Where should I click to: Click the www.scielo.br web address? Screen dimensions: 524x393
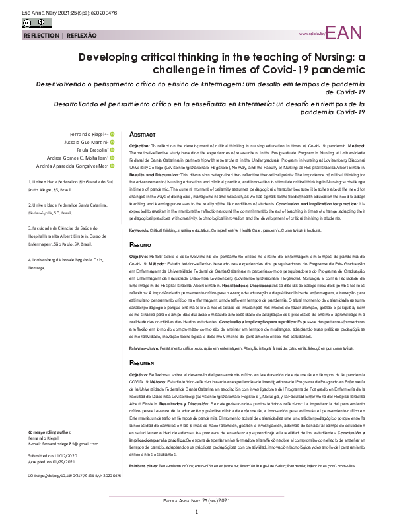pos(311,33)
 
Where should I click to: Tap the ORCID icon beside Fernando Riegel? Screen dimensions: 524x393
pos(113,133)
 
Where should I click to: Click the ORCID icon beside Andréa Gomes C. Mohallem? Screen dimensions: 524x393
pos(113,158)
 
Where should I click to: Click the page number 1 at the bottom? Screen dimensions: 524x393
pos(196,512)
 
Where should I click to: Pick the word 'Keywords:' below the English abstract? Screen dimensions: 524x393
pos(140,211)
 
